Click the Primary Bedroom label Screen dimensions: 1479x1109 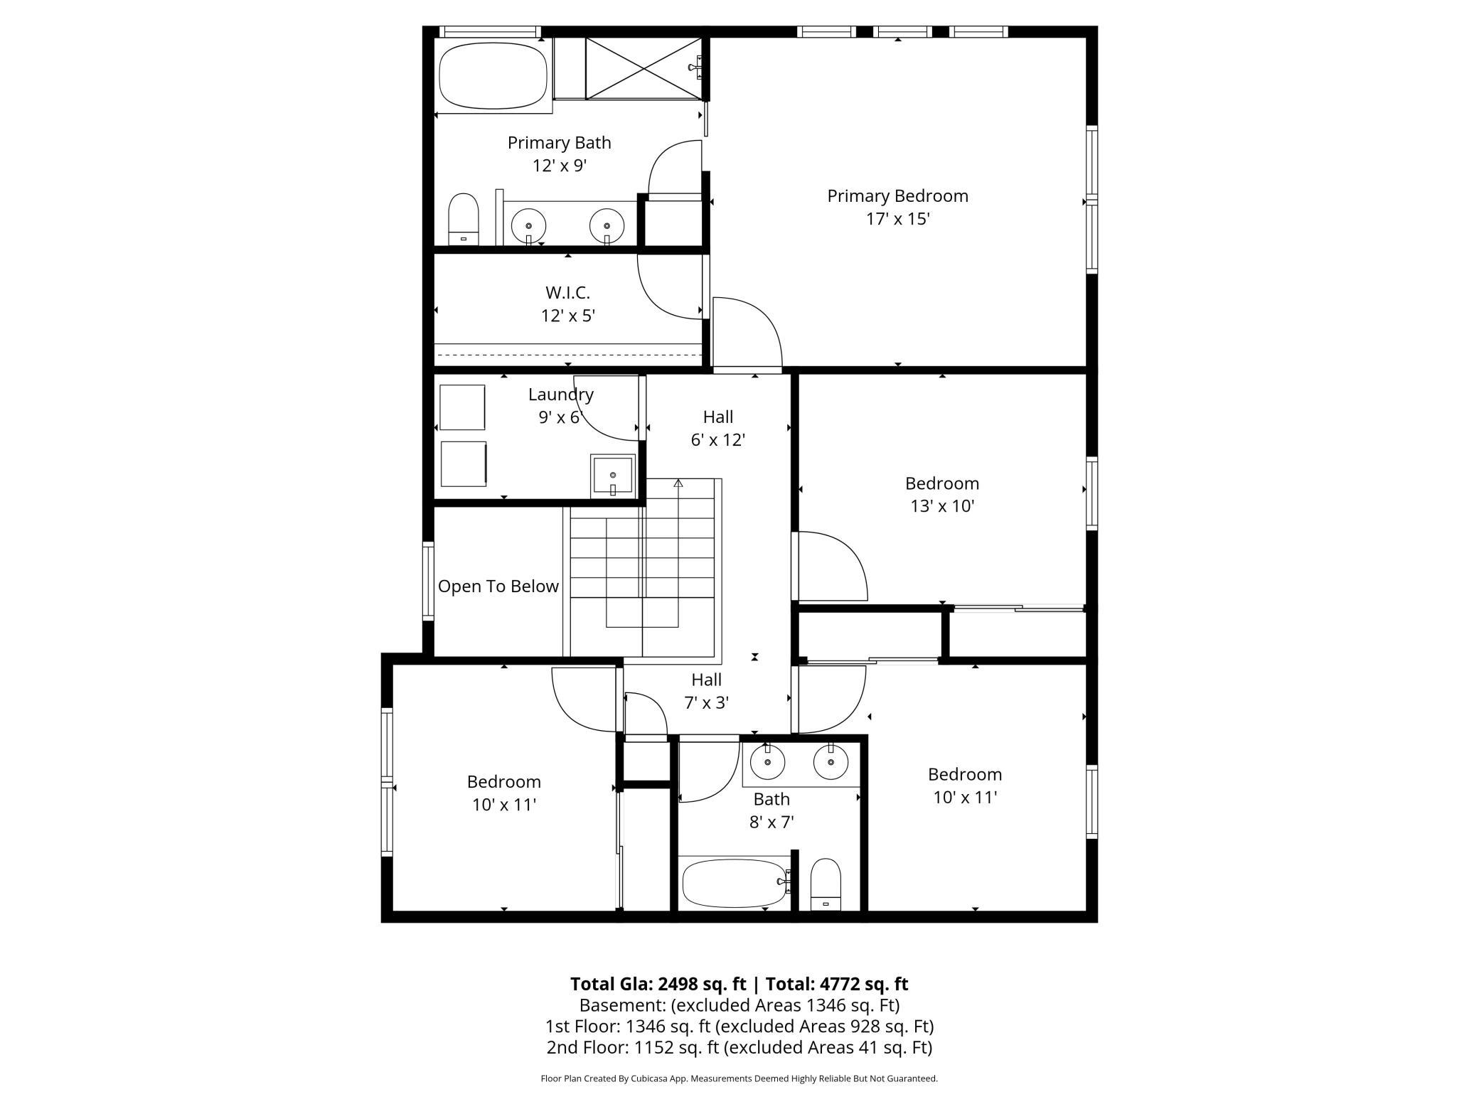[897, 207]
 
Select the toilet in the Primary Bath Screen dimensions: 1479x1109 [464, 219]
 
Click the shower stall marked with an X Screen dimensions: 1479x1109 [643, 68]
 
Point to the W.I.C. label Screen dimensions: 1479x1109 [568, 292]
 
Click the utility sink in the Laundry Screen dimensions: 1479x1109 [613, 476]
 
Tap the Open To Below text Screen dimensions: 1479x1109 [498, 586]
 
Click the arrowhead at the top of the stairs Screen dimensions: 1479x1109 [678, 483]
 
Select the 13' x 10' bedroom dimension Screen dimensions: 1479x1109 [942, 506]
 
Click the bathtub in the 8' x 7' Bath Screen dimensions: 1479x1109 [735, 884]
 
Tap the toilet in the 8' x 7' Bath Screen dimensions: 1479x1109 [826, 884]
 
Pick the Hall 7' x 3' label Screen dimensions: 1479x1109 [707, 691]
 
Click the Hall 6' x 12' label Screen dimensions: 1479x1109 [718, 428]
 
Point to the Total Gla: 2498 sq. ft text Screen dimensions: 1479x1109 [658, 984]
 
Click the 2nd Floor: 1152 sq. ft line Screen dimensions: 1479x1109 [739, 1047]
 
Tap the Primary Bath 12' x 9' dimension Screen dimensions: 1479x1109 [560, 166]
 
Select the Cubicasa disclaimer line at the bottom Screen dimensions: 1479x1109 [739, 1078]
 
